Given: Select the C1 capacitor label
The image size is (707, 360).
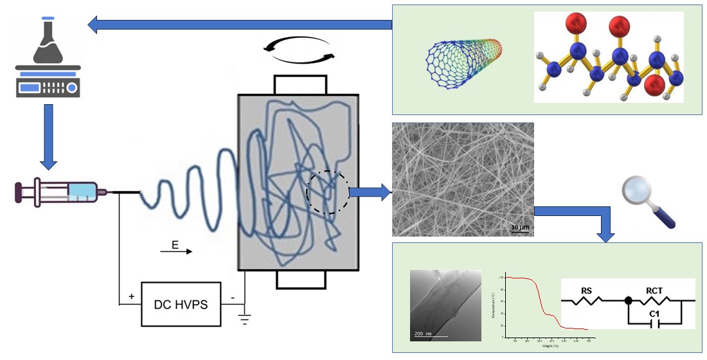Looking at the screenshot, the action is point(655,314).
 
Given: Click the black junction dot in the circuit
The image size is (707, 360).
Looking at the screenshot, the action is point(628,301).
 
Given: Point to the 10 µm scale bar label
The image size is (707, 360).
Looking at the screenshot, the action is point(519,227).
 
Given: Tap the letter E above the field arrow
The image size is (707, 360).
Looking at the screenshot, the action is point(175,244).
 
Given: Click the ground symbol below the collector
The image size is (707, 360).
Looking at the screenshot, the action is point(245,319).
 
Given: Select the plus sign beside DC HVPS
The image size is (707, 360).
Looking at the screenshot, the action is point(132,296).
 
